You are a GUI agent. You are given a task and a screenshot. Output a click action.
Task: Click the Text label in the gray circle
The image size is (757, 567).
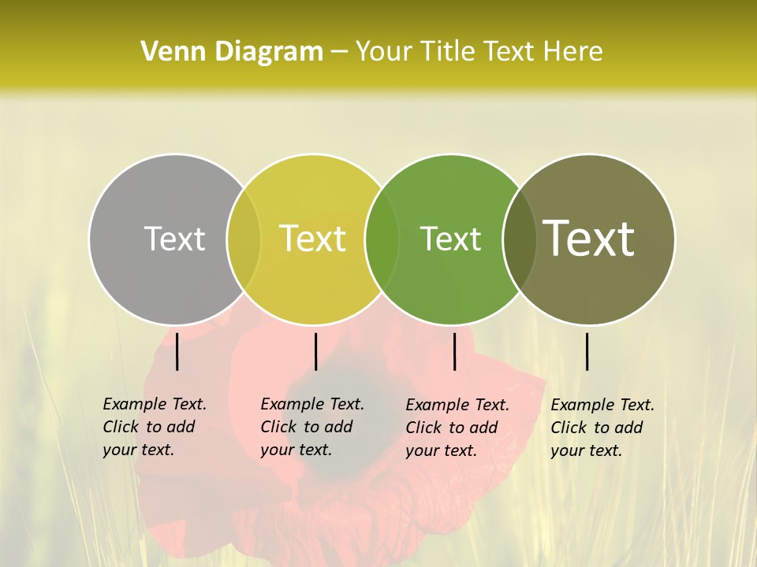[174, 239]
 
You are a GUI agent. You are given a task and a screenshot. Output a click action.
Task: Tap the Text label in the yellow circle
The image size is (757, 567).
[313, 239]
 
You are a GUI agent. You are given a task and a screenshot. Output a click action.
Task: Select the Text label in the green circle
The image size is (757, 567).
[451, 239]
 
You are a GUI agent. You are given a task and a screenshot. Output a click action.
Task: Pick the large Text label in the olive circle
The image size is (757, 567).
[589, 239]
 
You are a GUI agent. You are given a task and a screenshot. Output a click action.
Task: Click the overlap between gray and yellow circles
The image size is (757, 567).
[244, 239]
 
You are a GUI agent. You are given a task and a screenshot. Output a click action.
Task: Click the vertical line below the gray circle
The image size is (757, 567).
[177, 352]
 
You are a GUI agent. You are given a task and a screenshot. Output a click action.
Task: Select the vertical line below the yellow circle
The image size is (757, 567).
[315, 352]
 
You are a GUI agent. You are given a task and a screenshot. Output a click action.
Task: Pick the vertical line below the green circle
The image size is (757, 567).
[454, 352]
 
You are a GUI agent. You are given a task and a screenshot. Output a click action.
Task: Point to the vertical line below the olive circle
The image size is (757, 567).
[587, 352]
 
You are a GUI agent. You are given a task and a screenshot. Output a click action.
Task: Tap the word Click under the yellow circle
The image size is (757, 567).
[278, 427]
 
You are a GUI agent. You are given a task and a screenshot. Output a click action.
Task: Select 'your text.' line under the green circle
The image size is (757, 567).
[441, 450]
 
